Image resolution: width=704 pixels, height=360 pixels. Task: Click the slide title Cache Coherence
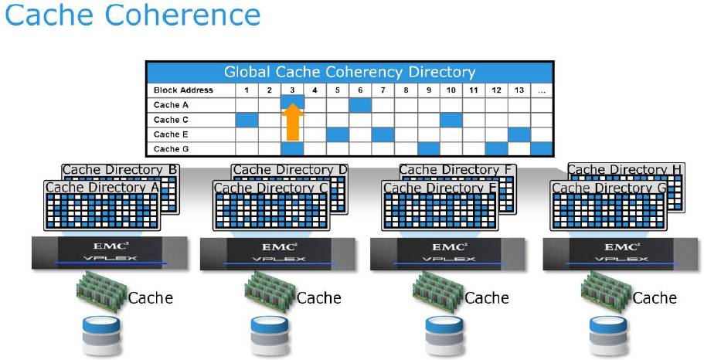132,15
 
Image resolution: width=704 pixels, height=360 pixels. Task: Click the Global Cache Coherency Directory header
349,73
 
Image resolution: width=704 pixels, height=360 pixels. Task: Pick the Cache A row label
171,105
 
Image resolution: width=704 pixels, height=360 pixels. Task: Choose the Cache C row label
171,120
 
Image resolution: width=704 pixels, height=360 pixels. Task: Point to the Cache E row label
171,134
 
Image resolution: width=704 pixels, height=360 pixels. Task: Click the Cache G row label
171,149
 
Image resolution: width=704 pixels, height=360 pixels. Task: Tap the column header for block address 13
519,90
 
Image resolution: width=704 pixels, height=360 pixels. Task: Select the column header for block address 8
406,90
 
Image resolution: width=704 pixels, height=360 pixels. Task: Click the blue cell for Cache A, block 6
360,105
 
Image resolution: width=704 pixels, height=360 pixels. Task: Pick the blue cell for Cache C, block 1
246,120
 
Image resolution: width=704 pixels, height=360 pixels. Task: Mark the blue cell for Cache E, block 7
383,134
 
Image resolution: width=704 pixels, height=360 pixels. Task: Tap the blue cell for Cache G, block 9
428,149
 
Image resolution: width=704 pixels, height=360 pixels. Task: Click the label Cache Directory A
100,188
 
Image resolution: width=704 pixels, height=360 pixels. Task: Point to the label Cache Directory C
270,188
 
